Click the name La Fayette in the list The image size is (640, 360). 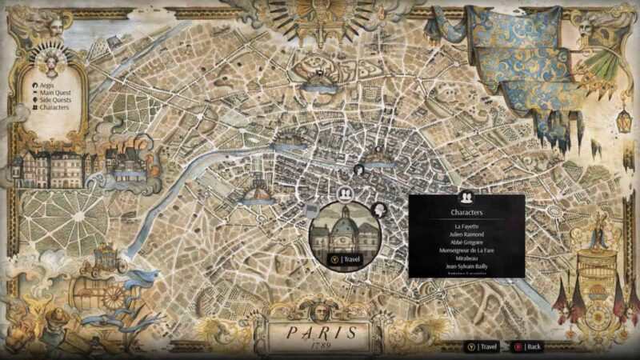tap(466, 226)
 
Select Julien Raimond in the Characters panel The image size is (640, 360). tap(466, 234)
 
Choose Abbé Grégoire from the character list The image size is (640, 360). tap(466, 242)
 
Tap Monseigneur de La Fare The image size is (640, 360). tap(466, 251)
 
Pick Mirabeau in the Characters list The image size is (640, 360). tap(466, 259)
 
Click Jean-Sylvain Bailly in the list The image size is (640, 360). tap(466, 267)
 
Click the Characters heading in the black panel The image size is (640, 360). tap(466, 214)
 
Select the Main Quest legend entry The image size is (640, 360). tap(52, 92)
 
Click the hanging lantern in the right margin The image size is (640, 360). tap(622, 120)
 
